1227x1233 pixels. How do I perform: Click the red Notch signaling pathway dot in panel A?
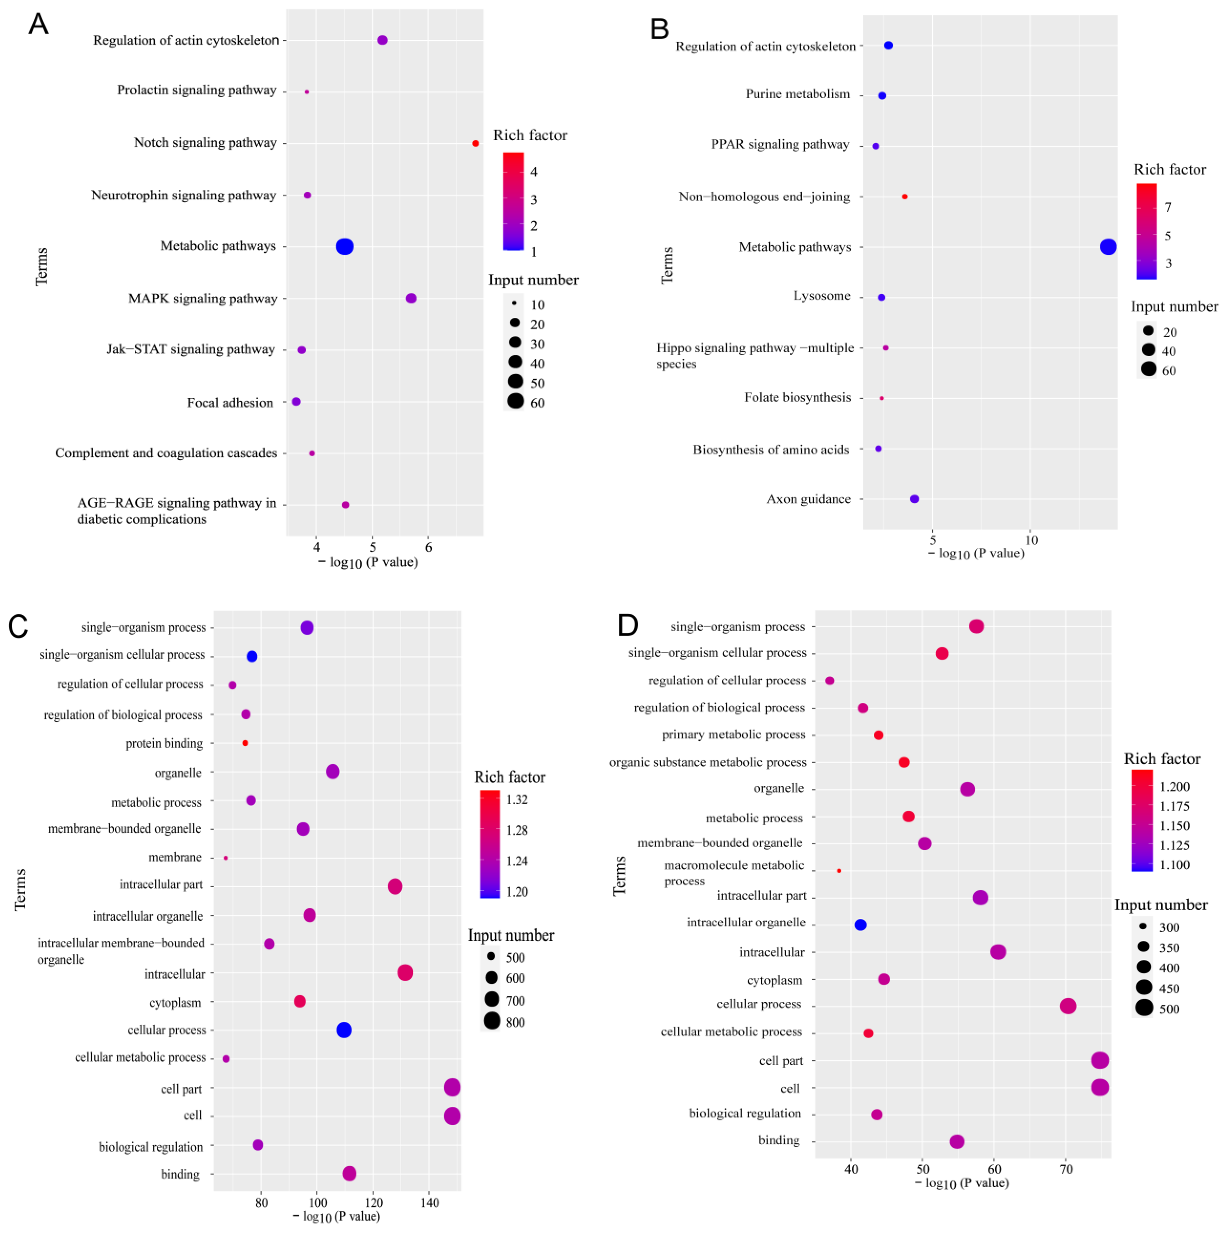click(x=475, y=144)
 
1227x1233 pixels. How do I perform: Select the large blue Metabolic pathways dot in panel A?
click(x=345, y=246)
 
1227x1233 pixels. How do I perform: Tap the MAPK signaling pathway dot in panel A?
click(x=411, y=299)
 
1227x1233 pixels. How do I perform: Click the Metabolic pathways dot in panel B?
click(x=1108, y=247)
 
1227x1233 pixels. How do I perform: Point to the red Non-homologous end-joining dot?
click(x=905, y=197)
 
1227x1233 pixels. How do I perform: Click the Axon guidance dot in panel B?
click(x=914, y=499)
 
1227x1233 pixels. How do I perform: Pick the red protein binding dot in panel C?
click(x=245, y=744)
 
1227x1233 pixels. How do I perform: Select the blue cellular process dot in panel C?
click(x=344, y=1030)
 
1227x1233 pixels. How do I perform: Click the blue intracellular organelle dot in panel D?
click(x=860, y=925)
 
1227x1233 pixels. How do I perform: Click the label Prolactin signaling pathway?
click(x=196, y=90)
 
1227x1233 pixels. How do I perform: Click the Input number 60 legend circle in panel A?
click(x=515, y=401)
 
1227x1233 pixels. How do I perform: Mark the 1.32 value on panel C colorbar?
click(x=517, y=800)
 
